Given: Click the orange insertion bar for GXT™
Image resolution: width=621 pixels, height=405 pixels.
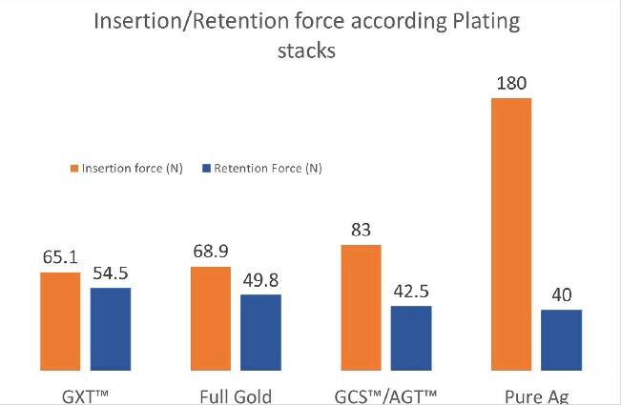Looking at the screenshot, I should click(x=60, y=321).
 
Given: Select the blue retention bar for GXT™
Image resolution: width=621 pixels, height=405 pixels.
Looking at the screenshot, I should click(x=111, y=329).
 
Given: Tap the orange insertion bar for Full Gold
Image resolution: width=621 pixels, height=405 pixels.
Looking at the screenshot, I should click(x=211, y=318).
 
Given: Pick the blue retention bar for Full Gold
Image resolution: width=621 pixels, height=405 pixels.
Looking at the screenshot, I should click(x=261, y=333).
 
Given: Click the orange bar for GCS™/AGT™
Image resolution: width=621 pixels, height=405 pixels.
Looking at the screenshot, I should click(x=361, y=308).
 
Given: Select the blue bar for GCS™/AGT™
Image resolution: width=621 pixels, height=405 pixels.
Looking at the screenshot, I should click(x=411, y=338).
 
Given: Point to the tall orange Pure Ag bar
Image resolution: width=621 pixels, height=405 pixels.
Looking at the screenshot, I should click(x=510, y=233).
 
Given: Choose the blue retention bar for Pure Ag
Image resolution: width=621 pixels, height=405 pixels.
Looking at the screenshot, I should click(x=561, y=340).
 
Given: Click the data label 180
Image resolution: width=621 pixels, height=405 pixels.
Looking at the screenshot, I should click(x=511, y=83).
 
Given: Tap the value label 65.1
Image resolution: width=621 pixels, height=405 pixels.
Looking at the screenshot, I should click(x=60, y=257).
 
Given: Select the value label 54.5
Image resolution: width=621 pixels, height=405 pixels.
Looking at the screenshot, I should click(x=111, y=273).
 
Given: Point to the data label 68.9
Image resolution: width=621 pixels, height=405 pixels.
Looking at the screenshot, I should click(x=211, y=253).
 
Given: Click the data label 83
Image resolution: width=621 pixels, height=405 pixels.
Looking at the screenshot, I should click(x=361, y=231).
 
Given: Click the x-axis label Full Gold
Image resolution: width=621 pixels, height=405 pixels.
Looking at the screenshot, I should click(x=236, y=395).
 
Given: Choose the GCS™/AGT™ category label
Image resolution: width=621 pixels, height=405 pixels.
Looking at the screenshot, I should click(x=386, y=395).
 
